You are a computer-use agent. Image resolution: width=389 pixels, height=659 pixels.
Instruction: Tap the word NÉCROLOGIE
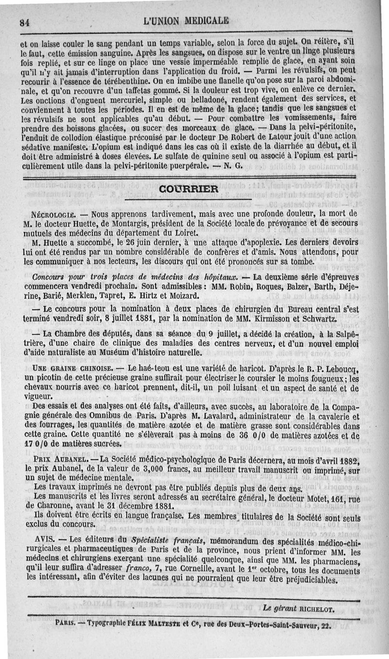tap(52, 213)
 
